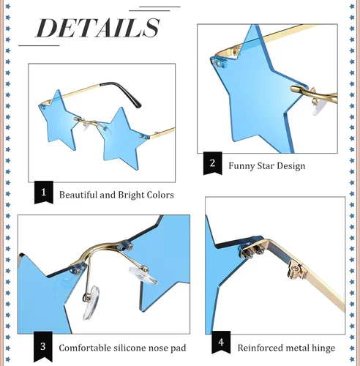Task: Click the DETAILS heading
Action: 98,28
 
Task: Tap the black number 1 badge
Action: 44,192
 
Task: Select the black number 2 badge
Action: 213,163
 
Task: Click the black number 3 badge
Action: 43,346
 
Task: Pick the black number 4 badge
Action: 221,342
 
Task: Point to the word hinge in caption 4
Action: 323,348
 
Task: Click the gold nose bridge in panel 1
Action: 87,122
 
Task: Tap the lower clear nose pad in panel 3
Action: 91,302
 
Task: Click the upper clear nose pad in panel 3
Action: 143,275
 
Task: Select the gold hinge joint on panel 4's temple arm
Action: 296,270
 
